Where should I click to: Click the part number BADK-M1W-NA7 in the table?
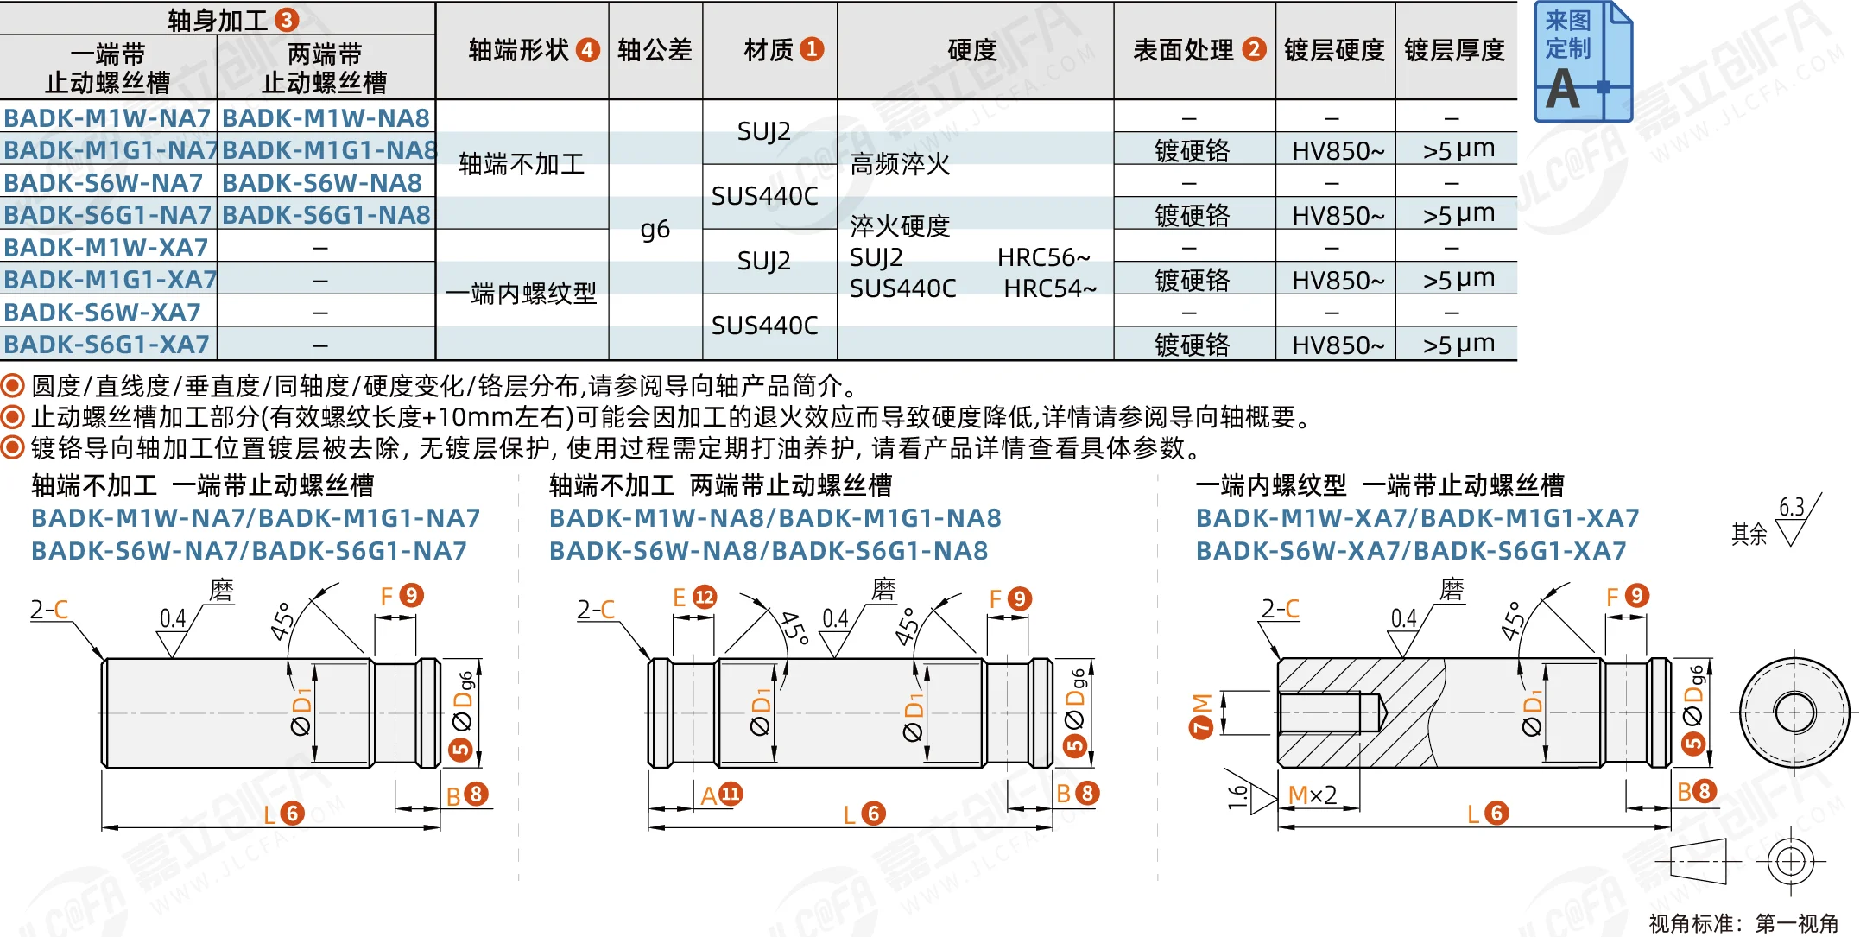tap(107, 117)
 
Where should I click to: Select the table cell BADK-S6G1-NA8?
tap(326, 214)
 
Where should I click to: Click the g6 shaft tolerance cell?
tap(655, 229)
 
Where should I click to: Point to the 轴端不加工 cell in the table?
tap(522, 164)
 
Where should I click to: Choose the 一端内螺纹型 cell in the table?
tap(522, 294)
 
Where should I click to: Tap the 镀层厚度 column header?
tap(1455, 50)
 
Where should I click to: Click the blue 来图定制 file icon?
tap(1583, 61)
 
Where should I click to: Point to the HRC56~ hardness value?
tap(1044, 257)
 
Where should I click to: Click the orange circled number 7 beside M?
tap(1201, 727)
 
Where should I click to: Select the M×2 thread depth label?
tap(1313, 795)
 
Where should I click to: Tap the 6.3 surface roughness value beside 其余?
tap(1792, 507)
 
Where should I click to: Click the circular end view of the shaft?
tap(1794, 713)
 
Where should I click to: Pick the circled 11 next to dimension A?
tap(731, 794)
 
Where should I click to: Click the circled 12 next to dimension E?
tap(705, 597)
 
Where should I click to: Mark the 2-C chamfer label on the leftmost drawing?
tap(49, 610)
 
